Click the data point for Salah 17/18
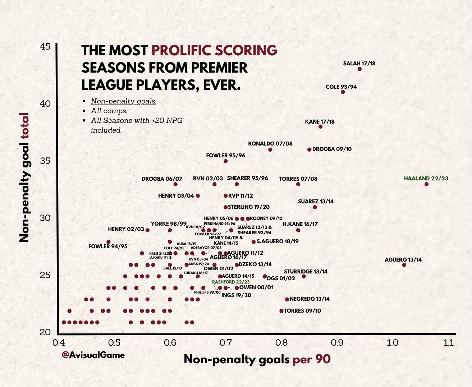359,69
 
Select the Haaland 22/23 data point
426,184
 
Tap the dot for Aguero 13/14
404,265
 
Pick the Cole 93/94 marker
343,92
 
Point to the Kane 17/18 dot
320,127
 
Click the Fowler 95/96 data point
225,161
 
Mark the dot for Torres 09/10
281,311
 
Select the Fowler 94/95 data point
109,242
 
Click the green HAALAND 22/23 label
426,179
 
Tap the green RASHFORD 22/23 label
231,282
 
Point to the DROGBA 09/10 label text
332,149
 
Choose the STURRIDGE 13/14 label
306,272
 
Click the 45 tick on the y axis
45,47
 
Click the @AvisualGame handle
93,355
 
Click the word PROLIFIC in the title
182,50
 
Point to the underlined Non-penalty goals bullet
123,101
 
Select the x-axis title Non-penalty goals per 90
257,359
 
